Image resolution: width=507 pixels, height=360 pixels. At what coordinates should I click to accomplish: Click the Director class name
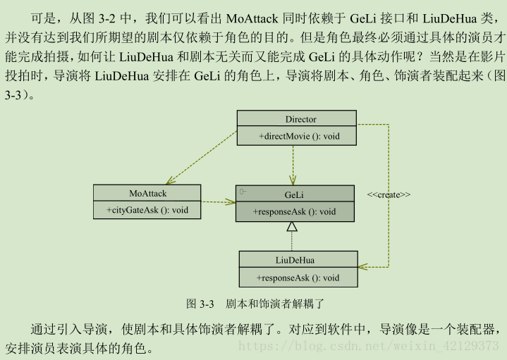pos(300,119)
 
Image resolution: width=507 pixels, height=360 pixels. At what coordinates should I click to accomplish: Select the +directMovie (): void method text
pos(299,135)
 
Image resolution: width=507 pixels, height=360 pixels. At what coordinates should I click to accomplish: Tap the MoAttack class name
pos(147,192)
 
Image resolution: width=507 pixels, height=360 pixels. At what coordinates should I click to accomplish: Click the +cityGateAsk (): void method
pos(147,209)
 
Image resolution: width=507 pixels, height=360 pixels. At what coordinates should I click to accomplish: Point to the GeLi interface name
pos(295,194)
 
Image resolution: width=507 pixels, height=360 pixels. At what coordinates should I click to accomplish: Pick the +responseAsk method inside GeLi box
pos(295,211)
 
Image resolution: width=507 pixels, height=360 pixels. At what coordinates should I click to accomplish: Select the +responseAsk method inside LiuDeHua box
pos(298,278)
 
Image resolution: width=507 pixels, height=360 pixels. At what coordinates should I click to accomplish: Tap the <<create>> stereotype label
pos(389,194)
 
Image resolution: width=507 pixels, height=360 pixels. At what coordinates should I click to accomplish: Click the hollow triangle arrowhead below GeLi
pos(291,227)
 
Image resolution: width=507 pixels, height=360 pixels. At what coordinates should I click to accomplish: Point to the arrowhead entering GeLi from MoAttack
pos(231,202)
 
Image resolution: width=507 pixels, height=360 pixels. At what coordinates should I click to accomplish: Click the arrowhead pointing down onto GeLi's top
pos(293,180)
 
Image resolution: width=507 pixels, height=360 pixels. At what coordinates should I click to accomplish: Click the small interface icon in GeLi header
pos(243,192)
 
